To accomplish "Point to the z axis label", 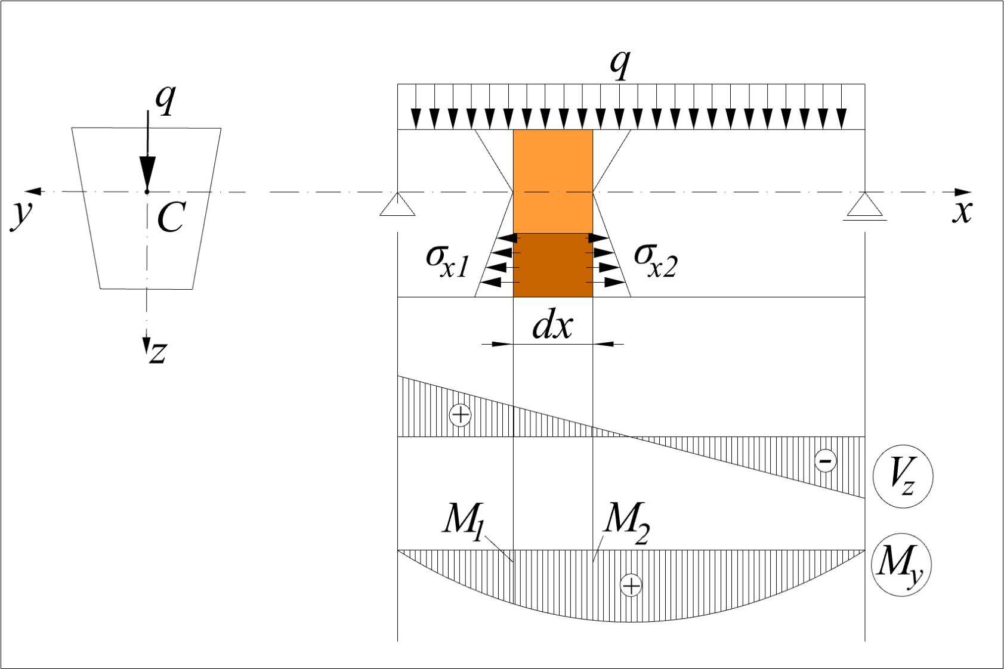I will pyautogui.click(x=157, y=352).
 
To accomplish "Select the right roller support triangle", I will pyautogui.click(x=864, y=205).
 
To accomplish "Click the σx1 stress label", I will pyautogui.click(x=448, y=260).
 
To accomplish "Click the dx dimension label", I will pyautogui.click(x=552, y=326).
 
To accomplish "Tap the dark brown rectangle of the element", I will pyautogui.click(x=553, y=265).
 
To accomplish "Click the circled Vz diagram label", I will pyautogui.click(x=902, y=476).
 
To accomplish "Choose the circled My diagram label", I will pyautogui.click(x=901, y=563).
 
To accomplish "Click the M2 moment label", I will pyautogui.click(x=626, y=521).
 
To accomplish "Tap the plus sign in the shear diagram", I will pyautogui.click(x=460, y=414).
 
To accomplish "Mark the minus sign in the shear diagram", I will pyautogui.click(x=825, y=460).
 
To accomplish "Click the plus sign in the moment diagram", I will pyautogui.click(x=631, y=586).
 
